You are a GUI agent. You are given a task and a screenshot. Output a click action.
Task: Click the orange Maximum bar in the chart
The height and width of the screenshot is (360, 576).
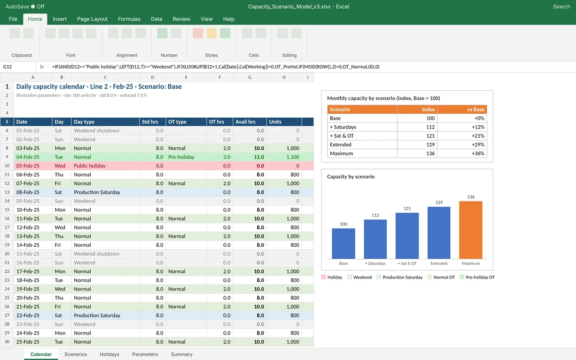click(x=470, y=230)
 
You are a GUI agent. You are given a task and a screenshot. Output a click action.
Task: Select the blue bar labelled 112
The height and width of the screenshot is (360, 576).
click(x=375, y=239)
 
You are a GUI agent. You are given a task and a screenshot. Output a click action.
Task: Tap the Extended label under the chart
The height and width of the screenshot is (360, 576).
click(x=439, y=264)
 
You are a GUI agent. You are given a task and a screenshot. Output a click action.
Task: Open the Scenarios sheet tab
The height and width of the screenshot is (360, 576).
click(x=76, y=354)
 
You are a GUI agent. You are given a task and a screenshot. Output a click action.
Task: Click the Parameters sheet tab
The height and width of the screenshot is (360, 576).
click(x=145, y=354)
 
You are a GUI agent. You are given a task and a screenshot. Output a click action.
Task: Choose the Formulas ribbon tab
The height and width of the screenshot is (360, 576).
click(x=129, y=19)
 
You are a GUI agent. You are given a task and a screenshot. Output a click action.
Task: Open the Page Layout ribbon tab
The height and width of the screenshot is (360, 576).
click(x=92, y=19)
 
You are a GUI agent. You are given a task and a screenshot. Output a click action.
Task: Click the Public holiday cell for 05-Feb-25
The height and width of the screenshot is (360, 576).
click(x=89, y=166)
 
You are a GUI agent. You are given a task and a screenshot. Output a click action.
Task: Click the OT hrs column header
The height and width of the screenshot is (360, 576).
click(x=219, y=121)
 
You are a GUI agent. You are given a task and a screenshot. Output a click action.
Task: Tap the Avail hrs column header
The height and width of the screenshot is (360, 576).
click(x=250, y=121)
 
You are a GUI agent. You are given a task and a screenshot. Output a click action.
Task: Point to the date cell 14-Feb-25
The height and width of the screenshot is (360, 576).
click(x=28, y=245)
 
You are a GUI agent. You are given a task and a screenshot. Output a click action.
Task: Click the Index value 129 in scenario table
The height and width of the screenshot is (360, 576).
click(x=430, y=144)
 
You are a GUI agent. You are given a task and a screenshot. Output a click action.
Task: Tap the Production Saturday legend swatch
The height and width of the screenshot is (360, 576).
click(x=379, y=277)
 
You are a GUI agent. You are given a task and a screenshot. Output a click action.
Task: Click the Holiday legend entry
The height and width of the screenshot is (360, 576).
click(x=332, y=277)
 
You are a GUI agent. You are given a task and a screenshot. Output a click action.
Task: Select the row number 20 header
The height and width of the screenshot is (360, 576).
click(x=7, y=253)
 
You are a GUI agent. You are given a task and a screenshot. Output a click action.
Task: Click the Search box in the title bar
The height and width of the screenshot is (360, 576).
click(x=561, y=6)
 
